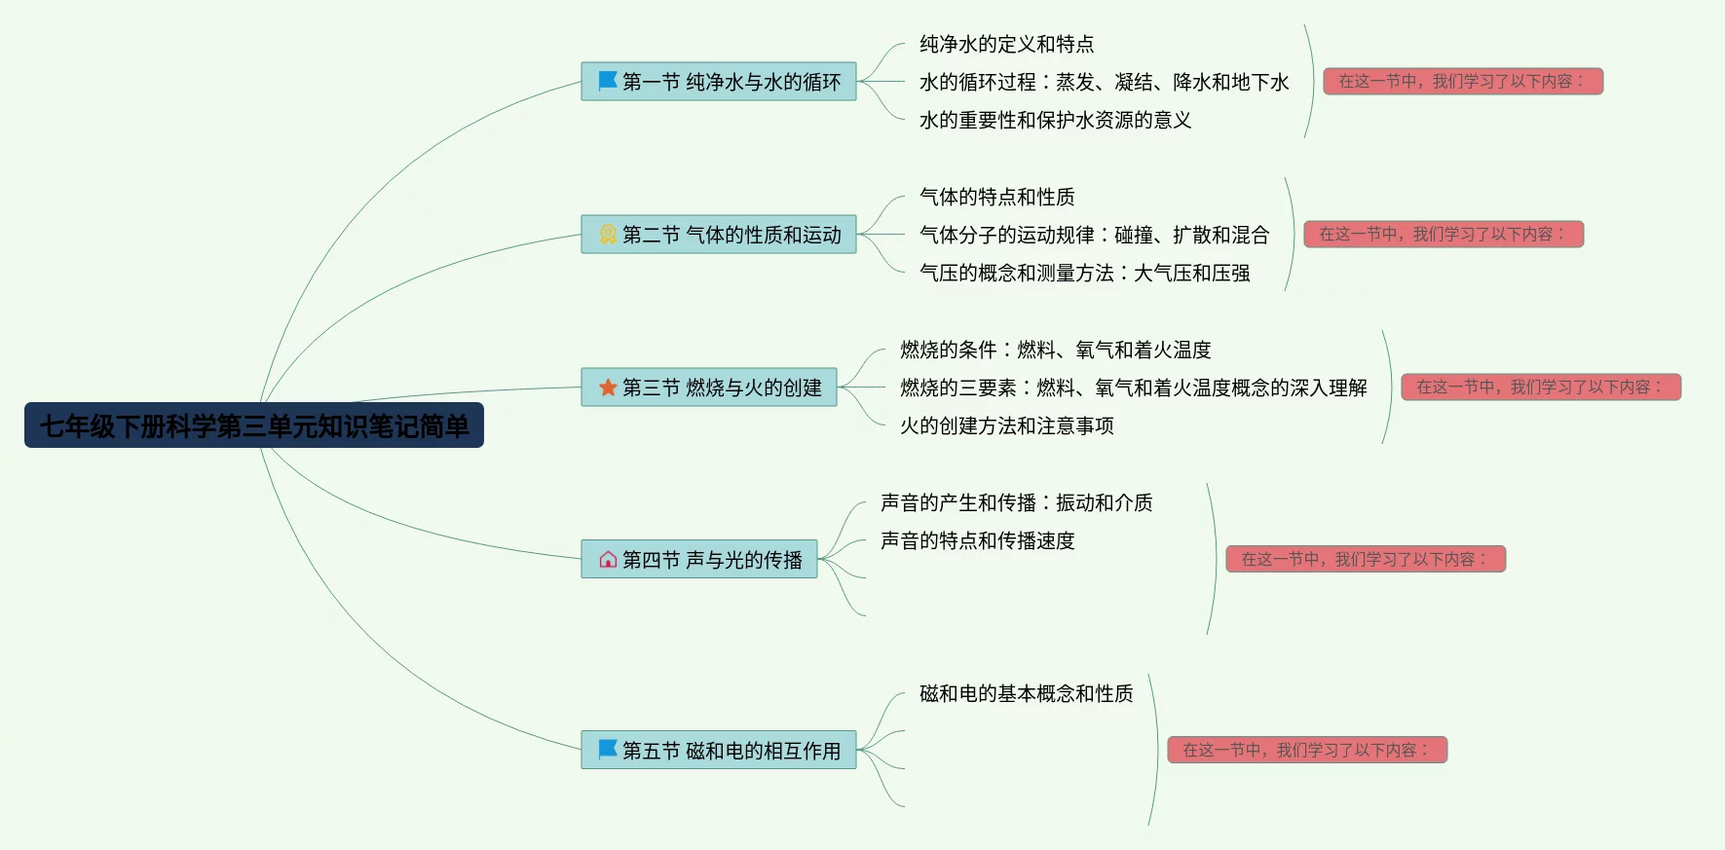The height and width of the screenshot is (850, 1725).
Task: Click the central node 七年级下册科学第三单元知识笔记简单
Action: pyautogui.click(x=253, y=425)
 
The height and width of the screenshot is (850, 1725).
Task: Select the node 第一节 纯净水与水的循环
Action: pyautogui.click(x=719, y=82)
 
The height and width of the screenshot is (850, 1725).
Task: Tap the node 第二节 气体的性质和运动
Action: pyautogui.click(x=719, y=235)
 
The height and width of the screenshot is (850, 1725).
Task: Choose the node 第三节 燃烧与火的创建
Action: pyautogui.click(x=709, y=388)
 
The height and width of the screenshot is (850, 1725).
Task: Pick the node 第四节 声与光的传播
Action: pyautogui.click(x=699, y=560)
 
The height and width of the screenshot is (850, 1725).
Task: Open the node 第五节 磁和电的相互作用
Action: pyautogui.click(x=719, y=751)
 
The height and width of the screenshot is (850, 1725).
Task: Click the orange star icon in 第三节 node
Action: pyautogui.click(x=608, y=388)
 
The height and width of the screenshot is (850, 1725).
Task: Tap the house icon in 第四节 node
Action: pyautogui.click(x=608, y=560)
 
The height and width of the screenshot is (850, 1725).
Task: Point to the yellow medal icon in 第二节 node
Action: pyautogui.click(x=608, y=235)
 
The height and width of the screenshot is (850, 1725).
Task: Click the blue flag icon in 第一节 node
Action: pyautogui.click(x=608, y=81)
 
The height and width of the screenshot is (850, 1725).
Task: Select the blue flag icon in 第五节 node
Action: pyautogui.click(x=608, y=750)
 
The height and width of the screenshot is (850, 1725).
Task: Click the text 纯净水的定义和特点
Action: pyautogui.click(x=1006, y=44)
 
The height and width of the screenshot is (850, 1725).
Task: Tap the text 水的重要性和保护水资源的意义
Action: pyautogui.click(x=1055, y=120)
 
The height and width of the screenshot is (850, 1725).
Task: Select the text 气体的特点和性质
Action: pyautogui.click(x=996, y=197)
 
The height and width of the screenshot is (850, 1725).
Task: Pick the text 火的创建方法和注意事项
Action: pyautogui.click(x=1006, y=425)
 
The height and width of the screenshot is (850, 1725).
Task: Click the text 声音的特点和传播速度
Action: pyautogui.click(x=977, y=540)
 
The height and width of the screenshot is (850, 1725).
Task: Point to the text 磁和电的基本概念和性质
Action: pyautogui.click(x=1026, y=693)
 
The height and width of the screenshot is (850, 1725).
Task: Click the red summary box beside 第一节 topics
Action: pyautogui.click(x=1463, y=81)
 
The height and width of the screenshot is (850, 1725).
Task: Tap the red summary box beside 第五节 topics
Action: pyautogui.click(x=1307, y=750)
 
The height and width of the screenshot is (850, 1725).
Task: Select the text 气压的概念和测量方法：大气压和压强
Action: pyautogui.click(x=1084, y=273)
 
